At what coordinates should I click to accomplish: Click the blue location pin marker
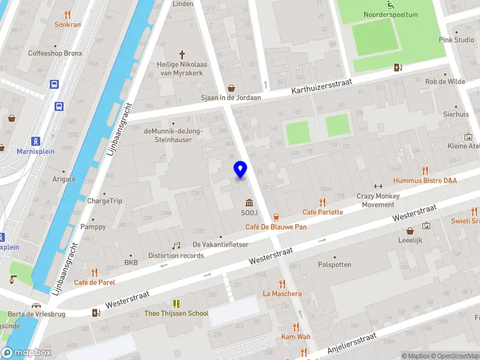coord(241,170)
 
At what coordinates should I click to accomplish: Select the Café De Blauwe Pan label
coord(276,227)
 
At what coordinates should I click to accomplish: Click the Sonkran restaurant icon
coord(67,14)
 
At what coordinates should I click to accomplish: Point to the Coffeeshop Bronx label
coord(55,53)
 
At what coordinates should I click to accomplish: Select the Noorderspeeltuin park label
coord(391,14)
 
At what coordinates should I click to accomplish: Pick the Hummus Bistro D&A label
coord(425,180)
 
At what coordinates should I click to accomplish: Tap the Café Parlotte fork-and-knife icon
coord(323,202)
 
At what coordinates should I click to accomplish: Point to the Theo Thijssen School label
coord(176,313)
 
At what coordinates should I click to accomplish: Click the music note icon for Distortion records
coord(176,245)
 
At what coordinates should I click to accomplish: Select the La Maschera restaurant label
coord(282,293)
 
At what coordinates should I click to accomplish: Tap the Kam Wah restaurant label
coord(296,337)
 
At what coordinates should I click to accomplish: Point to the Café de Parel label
coord(94,282)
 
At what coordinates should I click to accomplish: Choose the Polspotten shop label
coord(334,264)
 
